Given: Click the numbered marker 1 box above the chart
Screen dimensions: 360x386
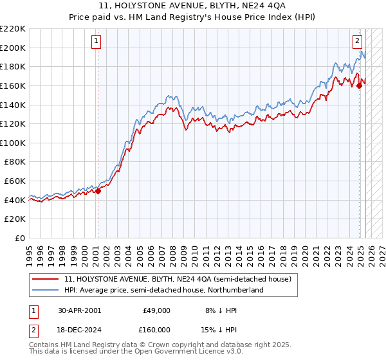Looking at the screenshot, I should coord(96,41).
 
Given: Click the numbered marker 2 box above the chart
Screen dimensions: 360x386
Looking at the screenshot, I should coord(357,41).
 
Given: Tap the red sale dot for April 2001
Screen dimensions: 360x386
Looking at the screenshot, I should coord(98,191).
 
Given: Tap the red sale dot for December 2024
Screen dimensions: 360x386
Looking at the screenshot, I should coord(360,86).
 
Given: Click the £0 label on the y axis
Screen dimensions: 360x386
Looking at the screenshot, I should coord(20,238).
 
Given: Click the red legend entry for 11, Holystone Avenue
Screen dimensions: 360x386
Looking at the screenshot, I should coord(178,279).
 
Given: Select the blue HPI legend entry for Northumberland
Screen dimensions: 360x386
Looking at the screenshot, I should coord(164,290).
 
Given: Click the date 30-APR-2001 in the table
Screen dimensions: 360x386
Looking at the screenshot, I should coord(79,310).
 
